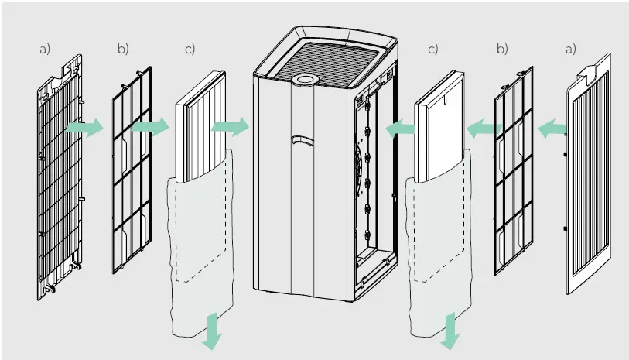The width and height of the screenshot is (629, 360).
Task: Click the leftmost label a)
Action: pyautogui.click(x=44, y=49)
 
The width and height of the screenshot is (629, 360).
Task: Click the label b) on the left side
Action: pyautogui.click(x=123, y=49)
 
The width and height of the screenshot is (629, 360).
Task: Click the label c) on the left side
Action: pyautogui.click(x=190, y=49)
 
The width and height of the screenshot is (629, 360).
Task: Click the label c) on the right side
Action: pyautogui.click(x=432, y=49)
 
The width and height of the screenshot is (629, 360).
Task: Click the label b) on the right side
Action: pyautogui.click(x=502, y=49)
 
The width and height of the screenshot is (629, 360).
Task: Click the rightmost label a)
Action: pyautogui.click(x=570, y=49)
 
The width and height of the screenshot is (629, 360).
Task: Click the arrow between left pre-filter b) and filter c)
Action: pyautogui.click(x=150, y=126)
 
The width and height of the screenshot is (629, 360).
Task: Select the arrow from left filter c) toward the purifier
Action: pyautogui.click(x=230, y=125)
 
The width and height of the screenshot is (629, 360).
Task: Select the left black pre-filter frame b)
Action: pyautogui.click(x=128, y=178)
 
